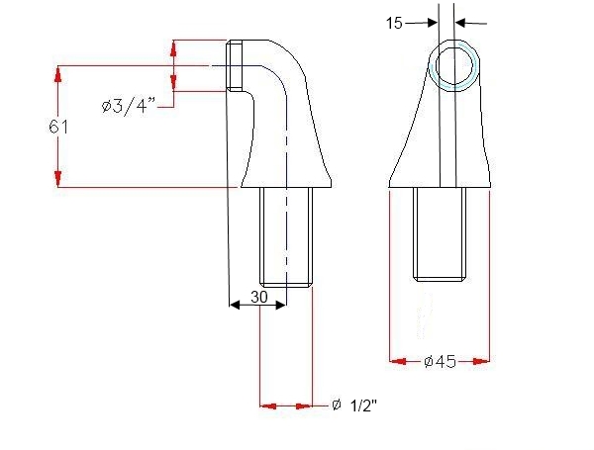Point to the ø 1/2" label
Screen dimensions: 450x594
pyautogui.click(x=354, y=405)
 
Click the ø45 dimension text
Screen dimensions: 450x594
pyautogui.click(x=440, y=361)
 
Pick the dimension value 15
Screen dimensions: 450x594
pyautogui.click(x=394, y=22)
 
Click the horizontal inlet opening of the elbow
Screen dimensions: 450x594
pyautogui.click(x=234, y=66)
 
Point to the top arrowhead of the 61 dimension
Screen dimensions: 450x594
pyautogui.click(x=59, y=71)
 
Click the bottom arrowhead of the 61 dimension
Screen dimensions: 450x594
pyautogui.click(x=59, y=179)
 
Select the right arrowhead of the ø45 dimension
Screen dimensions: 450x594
pyautogui.click(x=484, y=361)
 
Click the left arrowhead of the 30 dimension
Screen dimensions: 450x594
pyautogui.click(x=236, y=306)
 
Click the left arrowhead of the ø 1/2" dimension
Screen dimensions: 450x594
pyautogui.click(x=266, y=405)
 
